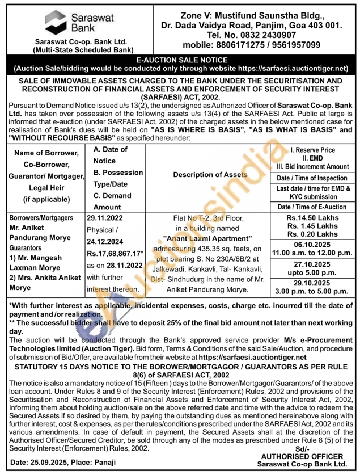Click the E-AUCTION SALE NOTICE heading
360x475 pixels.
pyautogui.click(x=180, y=60)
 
